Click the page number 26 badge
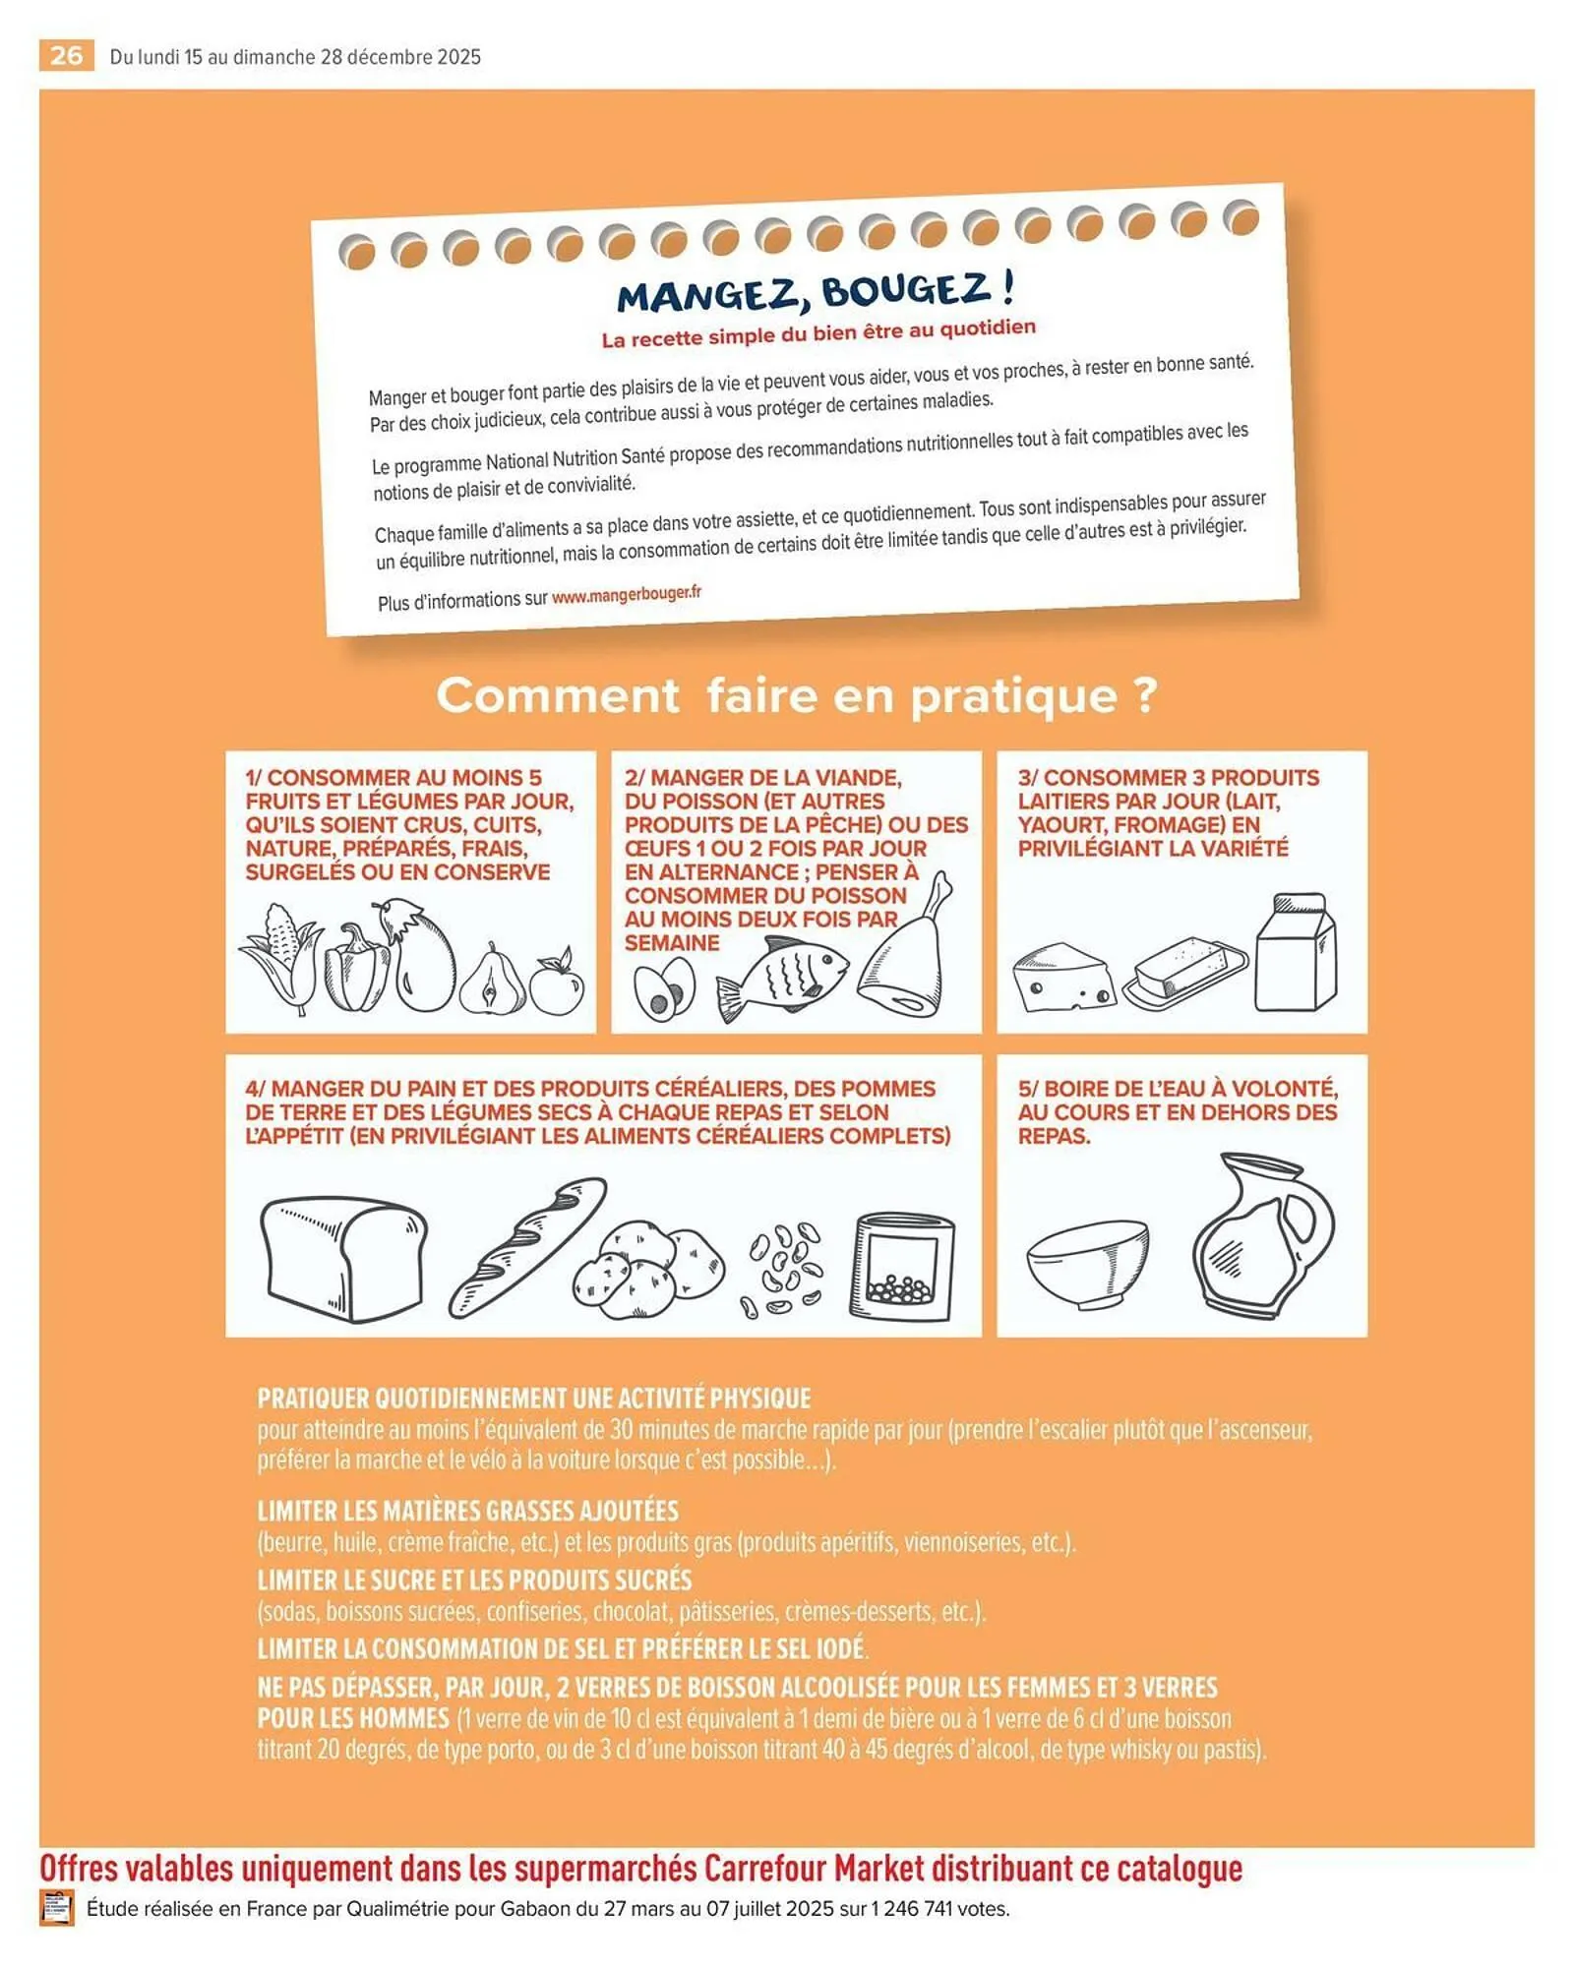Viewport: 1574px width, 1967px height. pos(66,55)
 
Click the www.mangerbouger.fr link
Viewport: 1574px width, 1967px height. pos(627,595)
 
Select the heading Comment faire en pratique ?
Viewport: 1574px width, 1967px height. pos(797,695)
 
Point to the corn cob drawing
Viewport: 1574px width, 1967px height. pos(280,957)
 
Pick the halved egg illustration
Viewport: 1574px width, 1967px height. pos(664,989)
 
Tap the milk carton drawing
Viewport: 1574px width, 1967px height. pos(1296,954)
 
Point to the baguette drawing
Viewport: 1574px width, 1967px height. pos(527,1247)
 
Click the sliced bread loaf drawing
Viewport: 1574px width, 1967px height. pos(344,1259)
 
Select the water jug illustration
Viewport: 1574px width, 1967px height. pos(1261,1236)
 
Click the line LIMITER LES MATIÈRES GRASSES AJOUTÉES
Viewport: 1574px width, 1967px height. pos(468,1511)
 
